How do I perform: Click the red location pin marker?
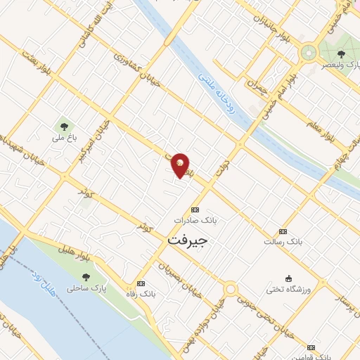[x=181, y=165]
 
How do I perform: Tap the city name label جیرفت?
[x=189, y=240]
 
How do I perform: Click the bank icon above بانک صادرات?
[x=195, y=210]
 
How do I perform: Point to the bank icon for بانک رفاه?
[x=141, y=283]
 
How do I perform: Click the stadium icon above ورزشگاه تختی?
[x=288, y=278]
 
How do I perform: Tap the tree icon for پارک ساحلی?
[x=86, y=277]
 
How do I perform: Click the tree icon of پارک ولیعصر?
[x=341, y=54]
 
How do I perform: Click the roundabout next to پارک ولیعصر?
[x=308, y=52]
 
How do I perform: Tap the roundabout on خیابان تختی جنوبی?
[x=230, y=289]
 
